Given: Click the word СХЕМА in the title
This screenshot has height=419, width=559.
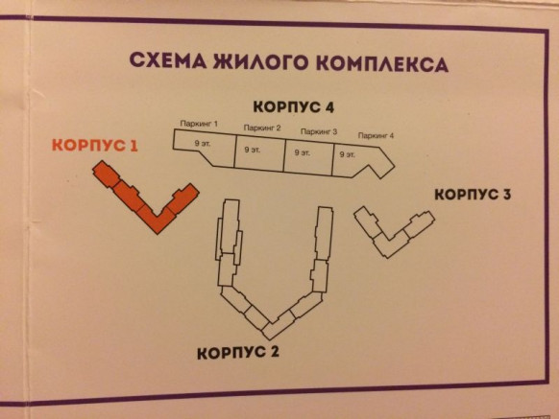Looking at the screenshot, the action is tap(167, 60).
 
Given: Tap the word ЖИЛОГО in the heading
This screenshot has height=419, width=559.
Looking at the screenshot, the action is tap(260, 62).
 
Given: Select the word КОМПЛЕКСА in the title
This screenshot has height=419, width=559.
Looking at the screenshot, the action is tap(382, 64).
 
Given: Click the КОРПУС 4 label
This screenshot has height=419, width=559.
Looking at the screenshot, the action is tap(293, 106).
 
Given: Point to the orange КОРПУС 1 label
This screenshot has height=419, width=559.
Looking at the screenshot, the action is tap(95, 145).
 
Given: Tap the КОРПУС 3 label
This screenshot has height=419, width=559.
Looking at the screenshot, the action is tap(473, 195).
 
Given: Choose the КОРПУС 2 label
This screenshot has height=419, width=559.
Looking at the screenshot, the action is tap(238, 353).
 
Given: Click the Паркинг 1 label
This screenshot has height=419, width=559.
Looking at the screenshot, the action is tap(199, 124).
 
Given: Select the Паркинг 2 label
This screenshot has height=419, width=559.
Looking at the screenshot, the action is tap(262, 128).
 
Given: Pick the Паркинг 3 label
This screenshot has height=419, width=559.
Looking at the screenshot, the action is tap(319, 131).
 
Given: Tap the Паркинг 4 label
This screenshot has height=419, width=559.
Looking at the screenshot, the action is tap(376, 135).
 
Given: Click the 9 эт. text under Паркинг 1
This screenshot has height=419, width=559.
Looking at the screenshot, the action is tap(203, 144).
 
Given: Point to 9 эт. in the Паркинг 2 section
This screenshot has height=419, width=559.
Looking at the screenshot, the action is tap(252, 150).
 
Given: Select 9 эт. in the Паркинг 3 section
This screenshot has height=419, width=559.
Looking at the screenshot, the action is tap(303, 152).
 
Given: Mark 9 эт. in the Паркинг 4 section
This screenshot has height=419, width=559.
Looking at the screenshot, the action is tap(348, 154).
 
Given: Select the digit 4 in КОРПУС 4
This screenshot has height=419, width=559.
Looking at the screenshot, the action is tap(328, 107).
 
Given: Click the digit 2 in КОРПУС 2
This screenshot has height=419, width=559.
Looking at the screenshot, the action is tap(274, 353).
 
